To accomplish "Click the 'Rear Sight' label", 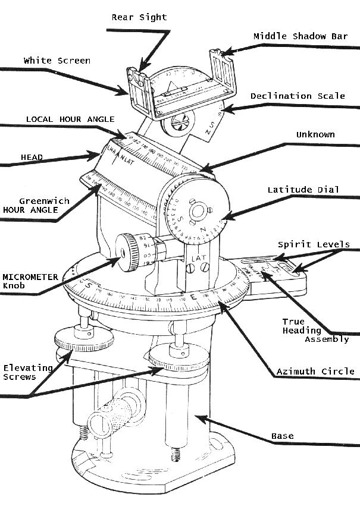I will pos(139,17).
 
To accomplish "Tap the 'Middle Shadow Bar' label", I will pos(300,36).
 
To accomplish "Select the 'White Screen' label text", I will pos(57,61).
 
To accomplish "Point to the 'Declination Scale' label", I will pos(298,96).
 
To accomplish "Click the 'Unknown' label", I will pos(315,134).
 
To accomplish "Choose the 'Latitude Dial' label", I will pos(303,190).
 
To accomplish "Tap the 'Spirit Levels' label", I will pos(314,244).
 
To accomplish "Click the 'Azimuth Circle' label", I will pos(315,372).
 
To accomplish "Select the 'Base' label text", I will pos(283,436).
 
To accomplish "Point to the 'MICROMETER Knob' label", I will pos(30,281).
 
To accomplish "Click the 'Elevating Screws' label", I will pos(28,372).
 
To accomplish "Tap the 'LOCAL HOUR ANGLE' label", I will pos(70,119).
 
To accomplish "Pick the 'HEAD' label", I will pos(32,157).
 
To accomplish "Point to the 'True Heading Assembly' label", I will pos(309,330).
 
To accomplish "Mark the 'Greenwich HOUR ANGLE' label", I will pos(36,205).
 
